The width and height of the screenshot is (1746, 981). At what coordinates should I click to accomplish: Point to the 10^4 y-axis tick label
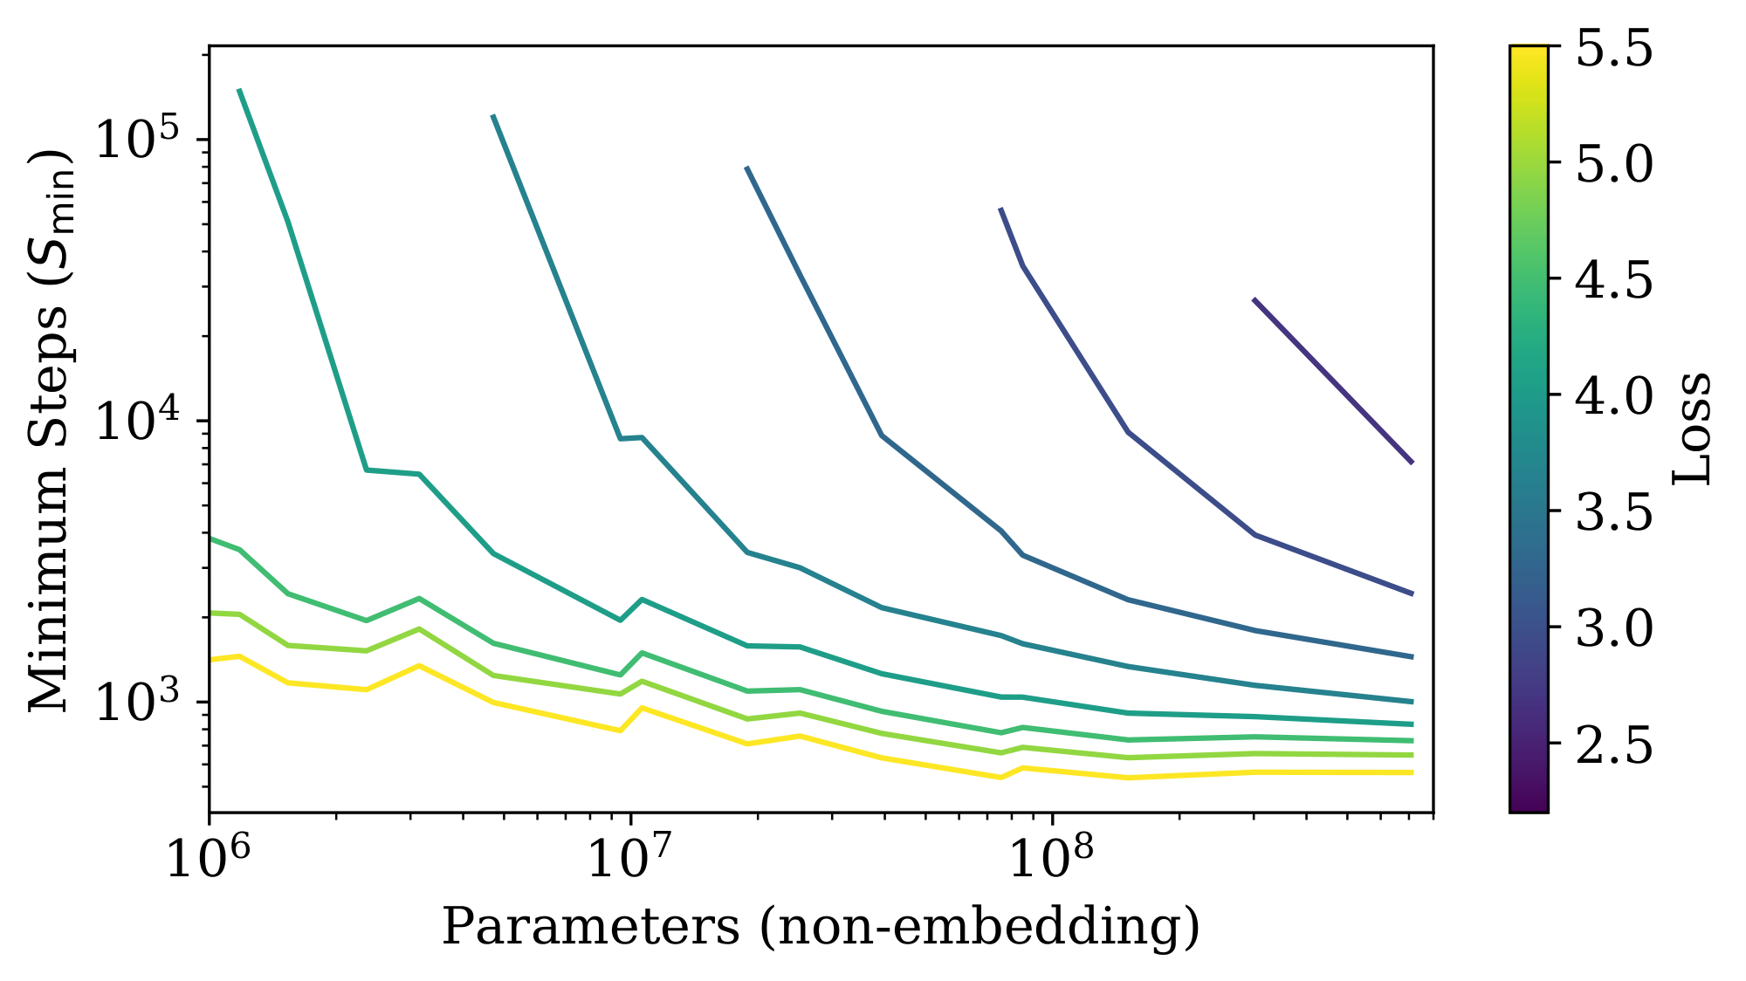(140, 420)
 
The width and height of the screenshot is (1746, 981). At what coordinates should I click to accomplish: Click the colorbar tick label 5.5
(1613, 49)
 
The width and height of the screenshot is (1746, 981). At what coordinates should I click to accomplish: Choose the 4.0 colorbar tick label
(1613, 396)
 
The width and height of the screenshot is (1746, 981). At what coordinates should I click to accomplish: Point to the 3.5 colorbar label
(1613, 512)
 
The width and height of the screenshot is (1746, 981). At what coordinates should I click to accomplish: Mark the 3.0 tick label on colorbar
(1613, 628)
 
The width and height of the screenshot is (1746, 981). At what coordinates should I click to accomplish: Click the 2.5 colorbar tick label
(1613, 744)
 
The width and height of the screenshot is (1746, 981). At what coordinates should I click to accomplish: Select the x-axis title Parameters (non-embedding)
(821, 927)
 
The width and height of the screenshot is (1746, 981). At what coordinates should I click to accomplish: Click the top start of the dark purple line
(1255, 299)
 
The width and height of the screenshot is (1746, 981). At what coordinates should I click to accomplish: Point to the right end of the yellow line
(1412, 772)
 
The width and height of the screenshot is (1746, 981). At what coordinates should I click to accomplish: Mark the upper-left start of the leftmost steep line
(239, 90)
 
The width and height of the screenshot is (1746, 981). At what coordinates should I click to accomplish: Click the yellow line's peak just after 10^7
(643, 708)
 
